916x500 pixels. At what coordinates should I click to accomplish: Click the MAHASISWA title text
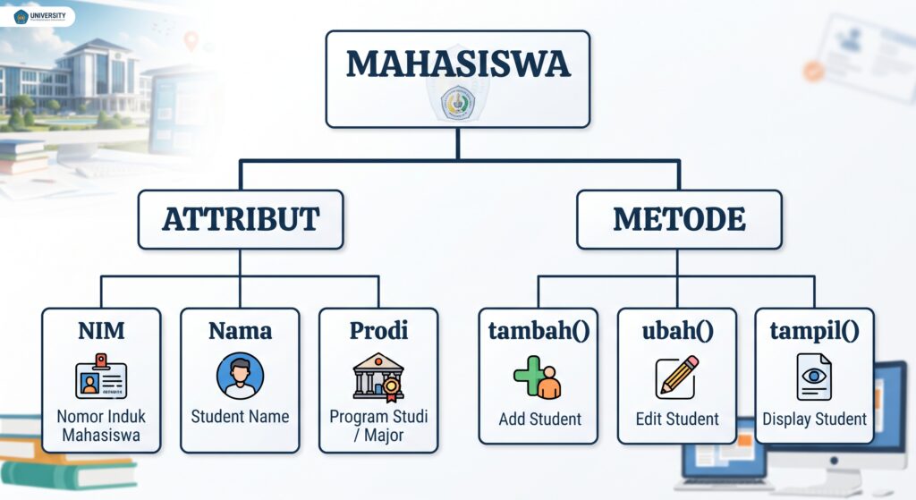click(x=458, y=64)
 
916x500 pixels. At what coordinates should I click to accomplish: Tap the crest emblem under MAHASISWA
click(x=458, y=102)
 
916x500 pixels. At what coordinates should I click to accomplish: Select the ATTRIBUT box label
click(x=241, y=219)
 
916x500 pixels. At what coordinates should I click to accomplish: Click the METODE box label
click(x=679, y=219)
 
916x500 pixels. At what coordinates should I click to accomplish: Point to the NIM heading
click(x=101, y=331)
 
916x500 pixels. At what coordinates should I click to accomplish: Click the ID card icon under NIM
click(x=101, y=377)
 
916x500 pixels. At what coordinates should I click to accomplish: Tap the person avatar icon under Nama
click(x=240, y=376)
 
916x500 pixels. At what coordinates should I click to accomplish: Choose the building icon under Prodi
click(x=378, y=377)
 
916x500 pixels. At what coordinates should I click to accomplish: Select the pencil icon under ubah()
click(x=677, y=377)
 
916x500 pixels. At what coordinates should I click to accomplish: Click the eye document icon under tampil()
click(x=814, y=377)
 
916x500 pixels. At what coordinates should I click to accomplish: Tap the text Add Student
click(x=539, y=419)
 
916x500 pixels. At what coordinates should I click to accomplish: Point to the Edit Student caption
click(x=677, y=419)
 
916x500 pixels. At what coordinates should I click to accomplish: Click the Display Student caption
click(x=814, y=419)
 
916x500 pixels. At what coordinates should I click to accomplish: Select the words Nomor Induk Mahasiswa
click(x=101, y=425)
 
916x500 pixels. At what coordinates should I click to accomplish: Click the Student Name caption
click(x=240, y=417)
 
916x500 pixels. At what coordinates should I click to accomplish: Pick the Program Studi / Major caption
click(x=378, y=425)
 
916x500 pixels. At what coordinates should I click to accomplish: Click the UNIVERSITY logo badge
click(x=38, y=16)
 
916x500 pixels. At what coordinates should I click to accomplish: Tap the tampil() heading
click(x=814, y=331)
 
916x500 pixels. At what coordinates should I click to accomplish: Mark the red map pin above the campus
click(x=191, y=41)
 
